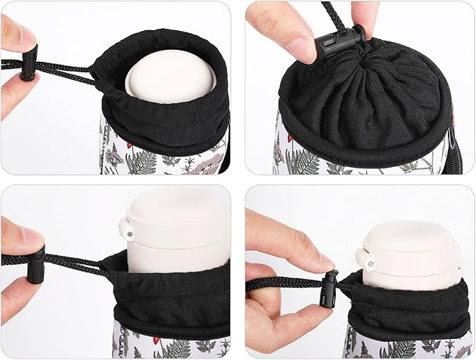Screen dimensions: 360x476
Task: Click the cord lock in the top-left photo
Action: pos(29,64)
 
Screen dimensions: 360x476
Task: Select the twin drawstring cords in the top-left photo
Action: pos(67,69)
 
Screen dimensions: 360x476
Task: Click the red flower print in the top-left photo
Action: pos(110,145)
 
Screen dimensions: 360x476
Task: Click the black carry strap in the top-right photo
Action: pos(456,151)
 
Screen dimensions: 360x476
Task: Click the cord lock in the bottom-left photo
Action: pos(36,264)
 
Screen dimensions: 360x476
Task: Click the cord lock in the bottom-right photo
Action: pos(330,288)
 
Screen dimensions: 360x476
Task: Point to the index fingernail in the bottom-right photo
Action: pos(324,262)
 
